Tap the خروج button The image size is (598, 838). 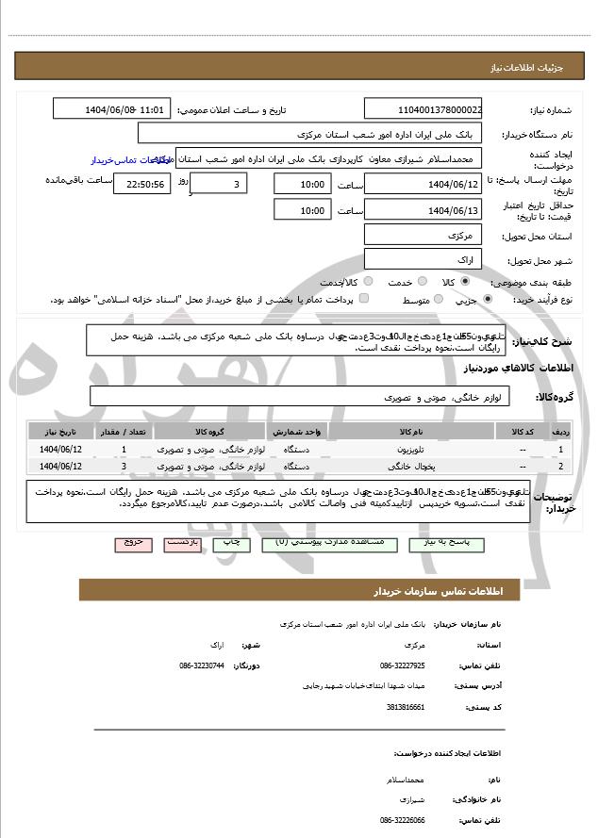point(132,544)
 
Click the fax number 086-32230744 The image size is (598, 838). point(202,665)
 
